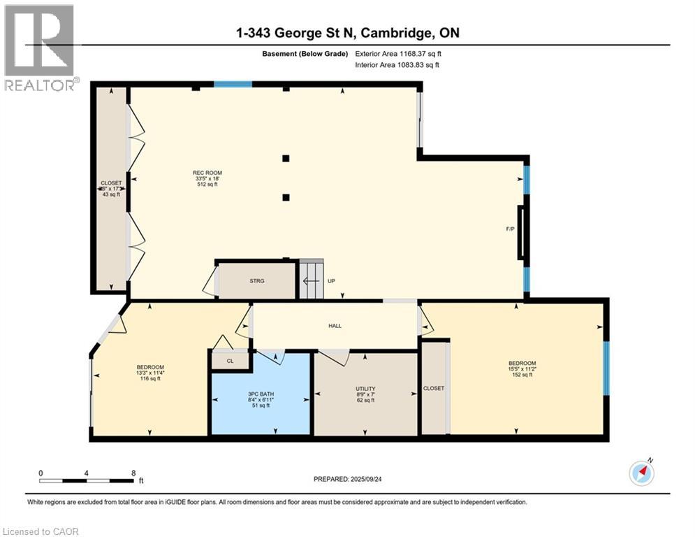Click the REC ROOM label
click(x=207, y=173)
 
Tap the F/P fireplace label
click(x=511, y=229)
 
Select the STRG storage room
click(x=257, y=281)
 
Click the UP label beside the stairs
click(x=332, y=281)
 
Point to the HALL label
click(x=335, y=326)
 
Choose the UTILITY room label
click(x=365, y=389)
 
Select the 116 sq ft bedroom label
click(x=150, y=368)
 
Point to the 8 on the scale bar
click(x=133, y=473)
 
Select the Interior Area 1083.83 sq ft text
click(x=398, y=65)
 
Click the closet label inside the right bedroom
click(x=434, y=388)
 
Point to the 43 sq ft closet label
click(x=111, y=194)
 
